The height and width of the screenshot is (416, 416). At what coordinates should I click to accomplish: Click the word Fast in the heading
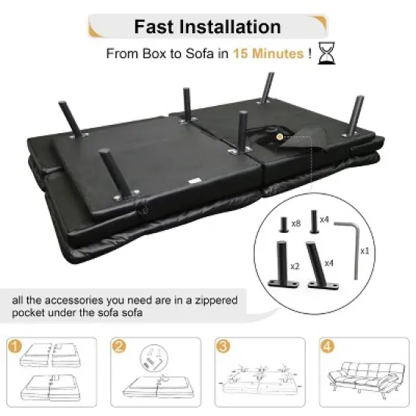pyautogui.click(x=154, y=26)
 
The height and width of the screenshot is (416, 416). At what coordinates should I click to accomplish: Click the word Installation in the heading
pyautogui.click(x=230, y=26)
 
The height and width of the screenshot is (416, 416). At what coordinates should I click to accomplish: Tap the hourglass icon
pyautogui.click(x=326, y=53)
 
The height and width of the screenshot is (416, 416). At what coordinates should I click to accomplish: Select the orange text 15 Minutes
pyautogui.click(x=269, y=54)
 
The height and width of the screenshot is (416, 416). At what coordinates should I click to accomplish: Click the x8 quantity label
pyautogui.click(x=296, y=224)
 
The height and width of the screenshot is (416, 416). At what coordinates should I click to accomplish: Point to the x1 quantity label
pyautogui.click(x=365, y=250)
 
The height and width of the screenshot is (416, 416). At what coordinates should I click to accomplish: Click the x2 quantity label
pyautogui.click(x=295, y=266)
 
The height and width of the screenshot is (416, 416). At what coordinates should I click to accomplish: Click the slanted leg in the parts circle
pyautogui.click(x=321, y=265)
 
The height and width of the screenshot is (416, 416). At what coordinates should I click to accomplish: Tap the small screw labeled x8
pyautogui.click(x=284, y=225)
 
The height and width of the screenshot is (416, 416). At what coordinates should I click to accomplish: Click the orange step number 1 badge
pyautogui.click(x=14, y=346)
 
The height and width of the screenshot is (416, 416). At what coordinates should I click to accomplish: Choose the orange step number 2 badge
pyautogui.click(x=119, y=346)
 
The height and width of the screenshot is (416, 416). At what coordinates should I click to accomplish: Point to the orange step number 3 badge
pyautogui.click(x=223, y=346)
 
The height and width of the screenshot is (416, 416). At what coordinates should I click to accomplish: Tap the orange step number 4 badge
pyautogui.click(x=327, y=346)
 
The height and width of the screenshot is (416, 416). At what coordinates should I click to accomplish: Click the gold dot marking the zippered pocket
pyautogui.click(x=279, y=137)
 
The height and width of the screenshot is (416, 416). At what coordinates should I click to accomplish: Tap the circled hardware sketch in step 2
pyautogui.click(x=154, y=358)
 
